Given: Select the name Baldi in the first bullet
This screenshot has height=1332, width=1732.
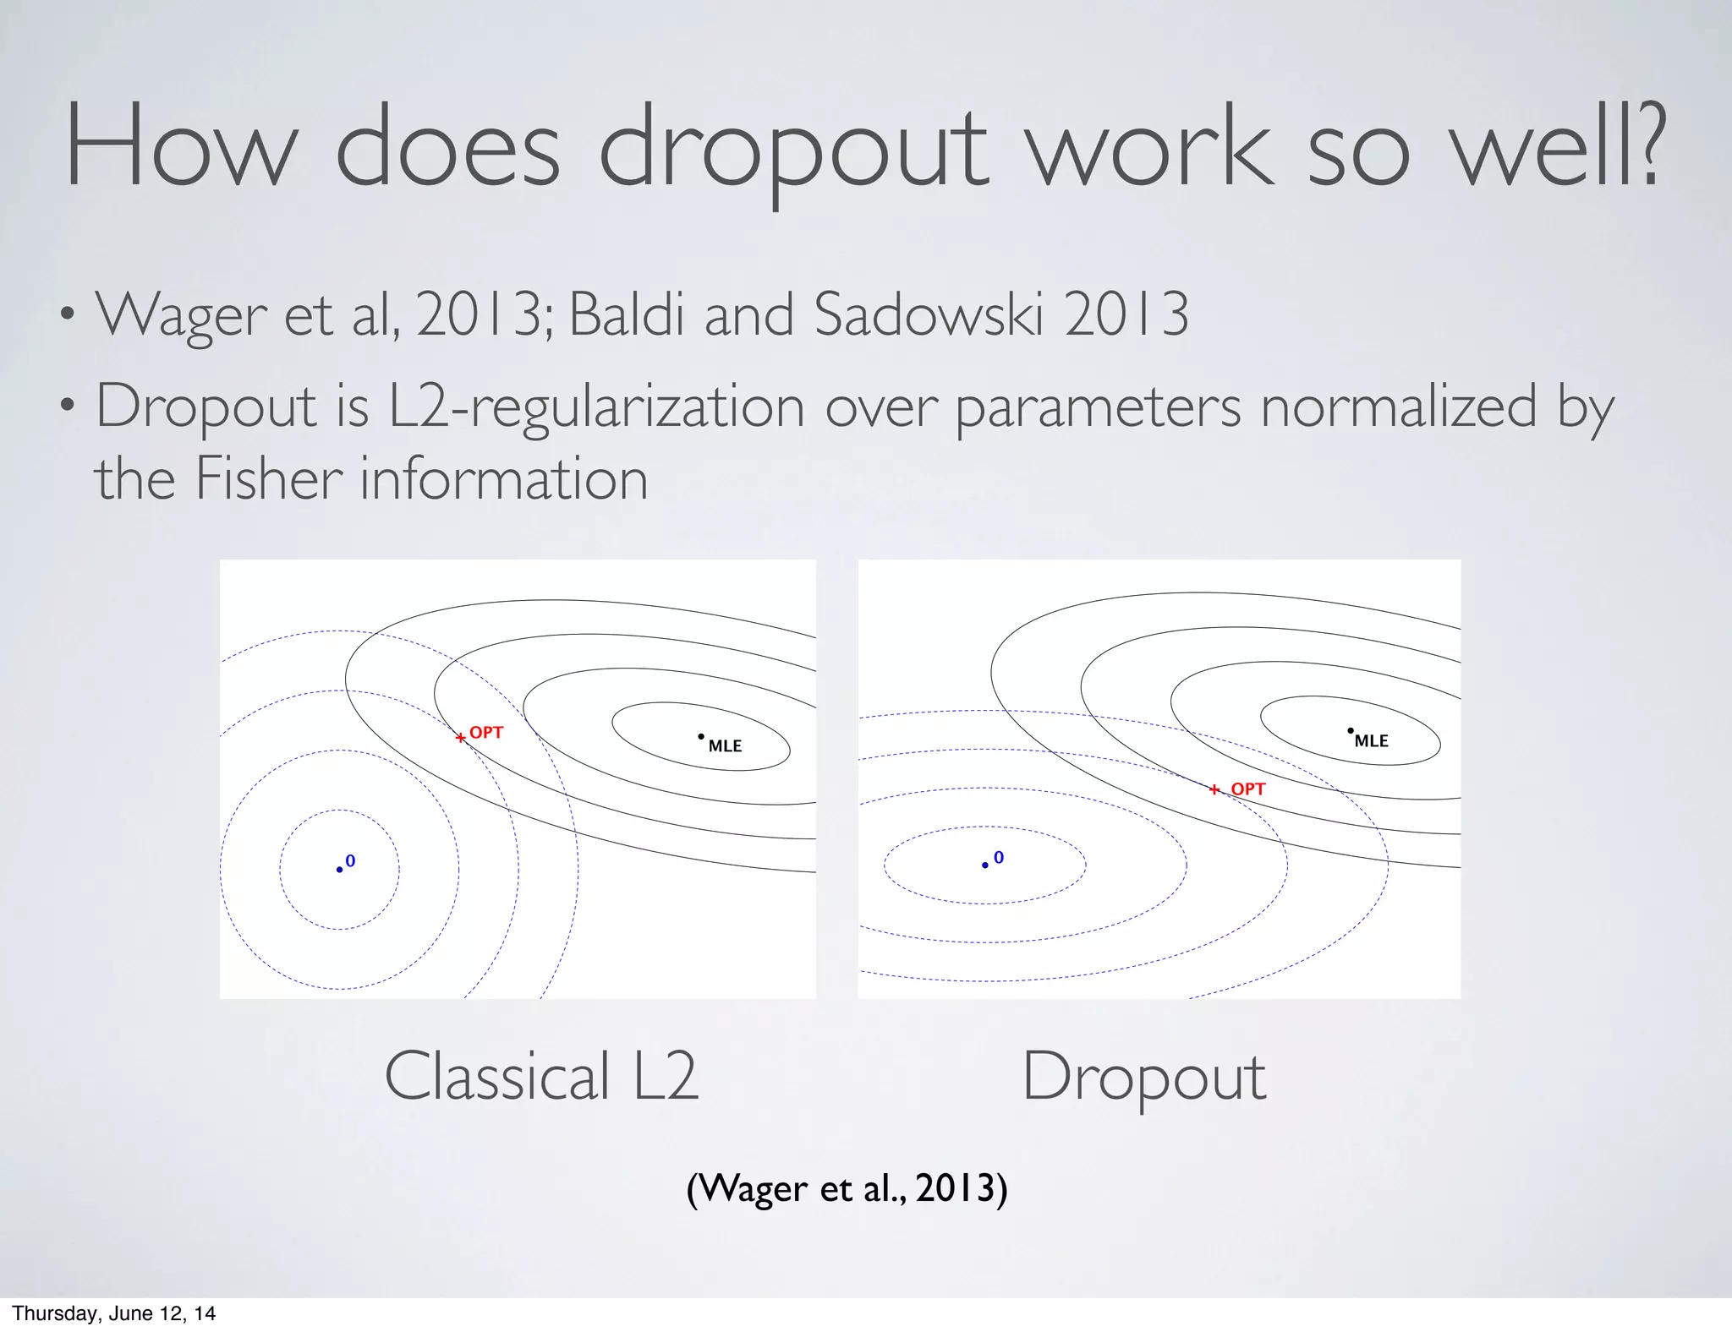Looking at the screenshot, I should click(626, 314).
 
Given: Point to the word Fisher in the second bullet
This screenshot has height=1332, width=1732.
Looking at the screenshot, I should click(268, 479).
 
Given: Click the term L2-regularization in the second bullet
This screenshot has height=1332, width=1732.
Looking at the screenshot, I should click(595, 407).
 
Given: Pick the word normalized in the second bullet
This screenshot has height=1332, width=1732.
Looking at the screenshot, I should click(1398, 407).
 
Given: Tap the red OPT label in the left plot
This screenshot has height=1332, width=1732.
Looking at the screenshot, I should click(486, 733).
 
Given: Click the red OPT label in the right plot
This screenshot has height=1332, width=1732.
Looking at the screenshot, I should click(1247, 789).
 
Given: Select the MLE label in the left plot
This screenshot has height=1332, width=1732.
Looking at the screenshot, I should click(725, 746).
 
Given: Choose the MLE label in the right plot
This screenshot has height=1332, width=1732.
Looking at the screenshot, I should click(1371, 741).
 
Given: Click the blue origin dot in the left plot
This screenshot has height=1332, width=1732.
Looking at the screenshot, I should click(340, 870).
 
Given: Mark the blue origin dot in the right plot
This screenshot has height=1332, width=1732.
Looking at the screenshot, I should click(985, 865).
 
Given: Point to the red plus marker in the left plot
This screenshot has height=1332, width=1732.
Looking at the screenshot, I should click(460, 738).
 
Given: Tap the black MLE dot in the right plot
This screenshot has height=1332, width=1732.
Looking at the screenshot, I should click(1351, 730).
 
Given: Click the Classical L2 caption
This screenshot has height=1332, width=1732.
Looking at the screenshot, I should click(541, 1077).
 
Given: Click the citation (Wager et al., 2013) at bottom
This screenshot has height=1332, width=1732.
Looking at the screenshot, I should click(847, 1188).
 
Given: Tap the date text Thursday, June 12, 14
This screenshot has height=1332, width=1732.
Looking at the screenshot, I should click(113, 1313).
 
